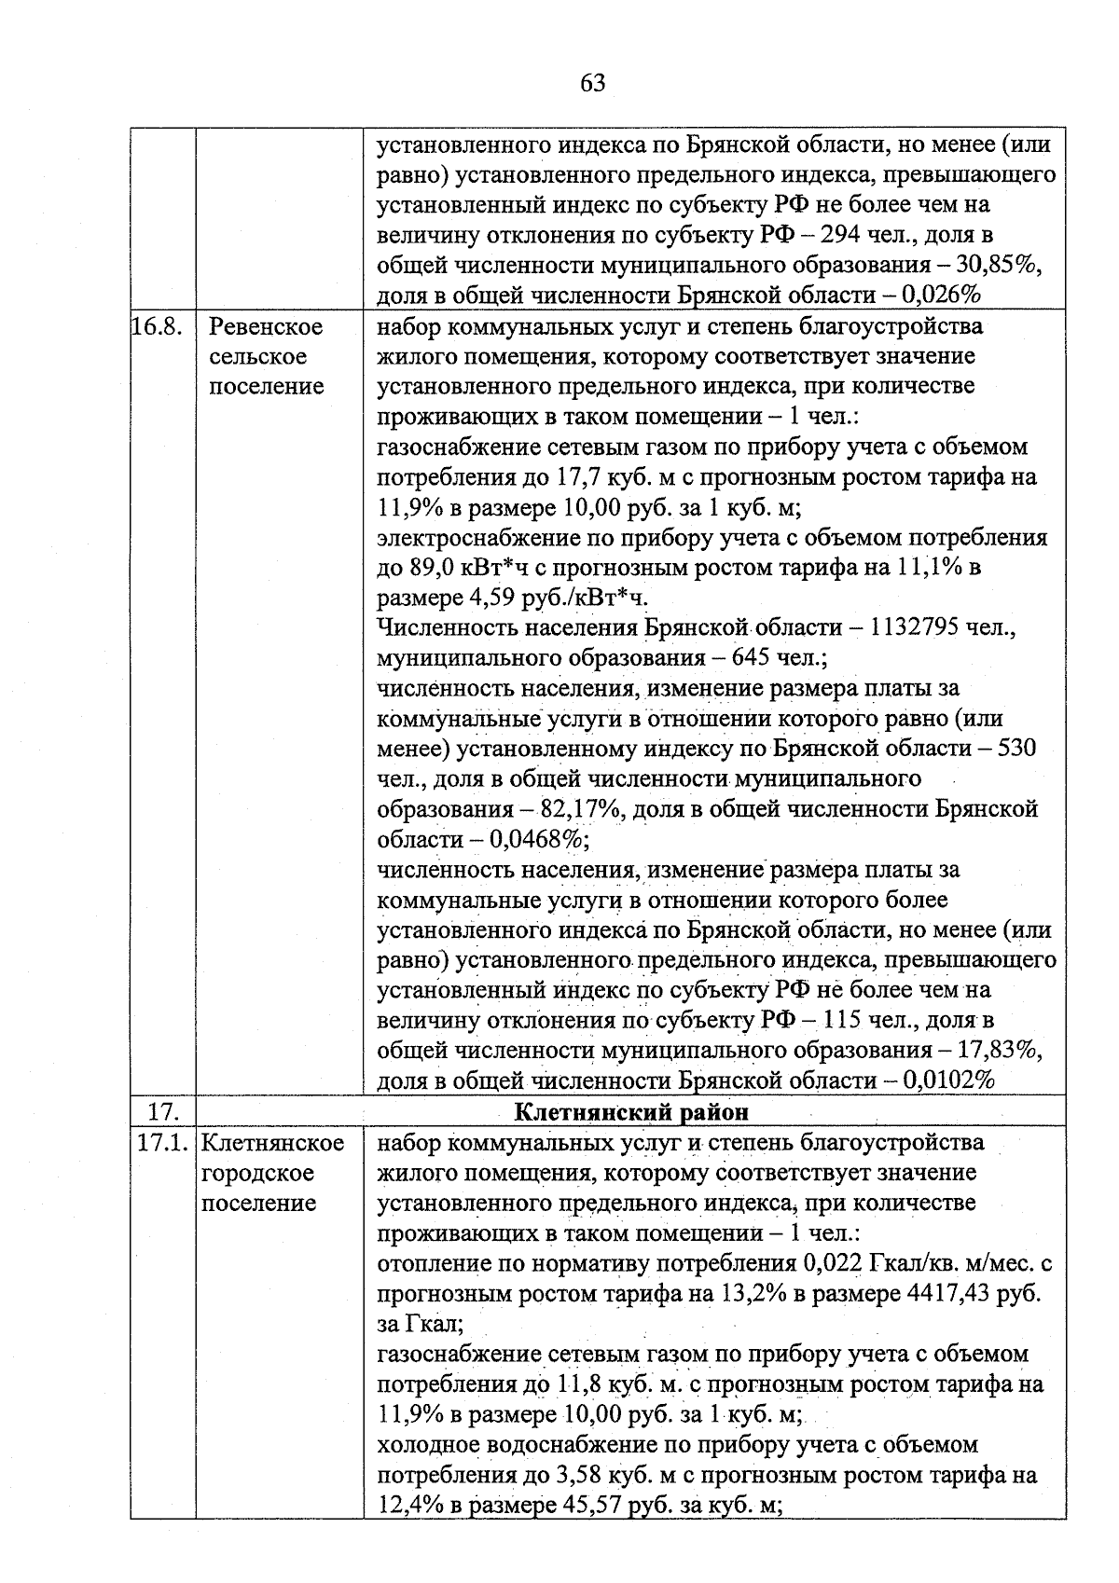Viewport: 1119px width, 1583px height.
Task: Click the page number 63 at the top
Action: pos(593,84)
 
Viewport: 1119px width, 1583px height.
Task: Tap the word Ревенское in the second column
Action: pos(266,327)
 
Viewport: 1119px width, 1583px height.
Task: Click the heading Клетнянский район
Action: pos(631,1112)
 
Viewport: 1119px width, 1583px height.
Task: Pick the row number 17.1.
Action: pos(164,1143)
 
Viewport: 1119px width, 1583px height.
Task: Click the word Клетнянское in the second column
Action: pos(272,1143)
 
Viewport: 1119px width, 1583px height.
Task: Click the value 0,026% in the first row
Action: pos(943,296)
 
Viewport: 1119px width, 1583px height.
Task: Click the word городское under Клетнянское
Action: pos(258,1173)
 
